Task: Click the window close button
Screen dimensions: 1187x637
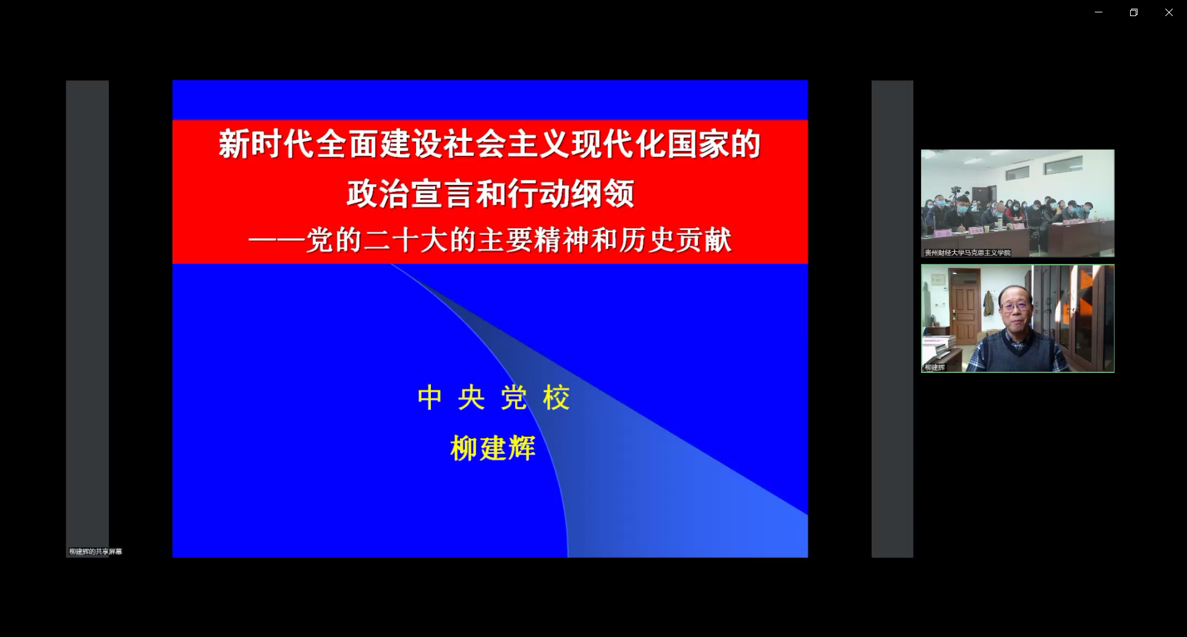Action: pyautogui.click(x=1168, y=12)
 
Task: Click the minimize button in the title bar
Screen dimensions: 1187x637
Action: pyautogui.click(x=1099, y=12)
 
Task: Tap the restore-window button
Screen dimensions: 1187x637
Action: pyautogui.click(x=1133, y=12)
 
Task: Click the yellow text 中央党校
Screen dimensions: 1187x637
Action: pyautogui.click(x=493, y=398)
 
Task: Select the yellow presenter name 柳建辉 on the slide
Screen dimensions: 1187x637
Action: pyautogui.click(x=493, y=448)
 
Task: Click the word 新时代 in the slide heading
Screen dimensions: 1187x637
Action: pyautogui.click(x=266, y=144)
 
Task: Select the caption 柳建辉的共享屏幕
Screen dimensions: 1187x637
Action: pyautogui.click(x=96, y=552)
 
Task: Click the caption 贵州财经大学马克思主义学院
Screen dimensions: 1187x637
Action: pyautogui.click(x=968, y=252)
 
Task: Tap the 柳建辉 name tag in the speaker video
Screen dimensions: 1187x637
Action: pyautogui.click(x=935, y=367)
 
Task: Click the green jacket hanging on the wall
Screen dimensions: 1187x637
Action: pyautogui.click(x=989, y=304)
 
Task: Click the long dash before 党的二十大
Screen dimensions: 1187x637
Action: pyautogui.click(x=276, y=240)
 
